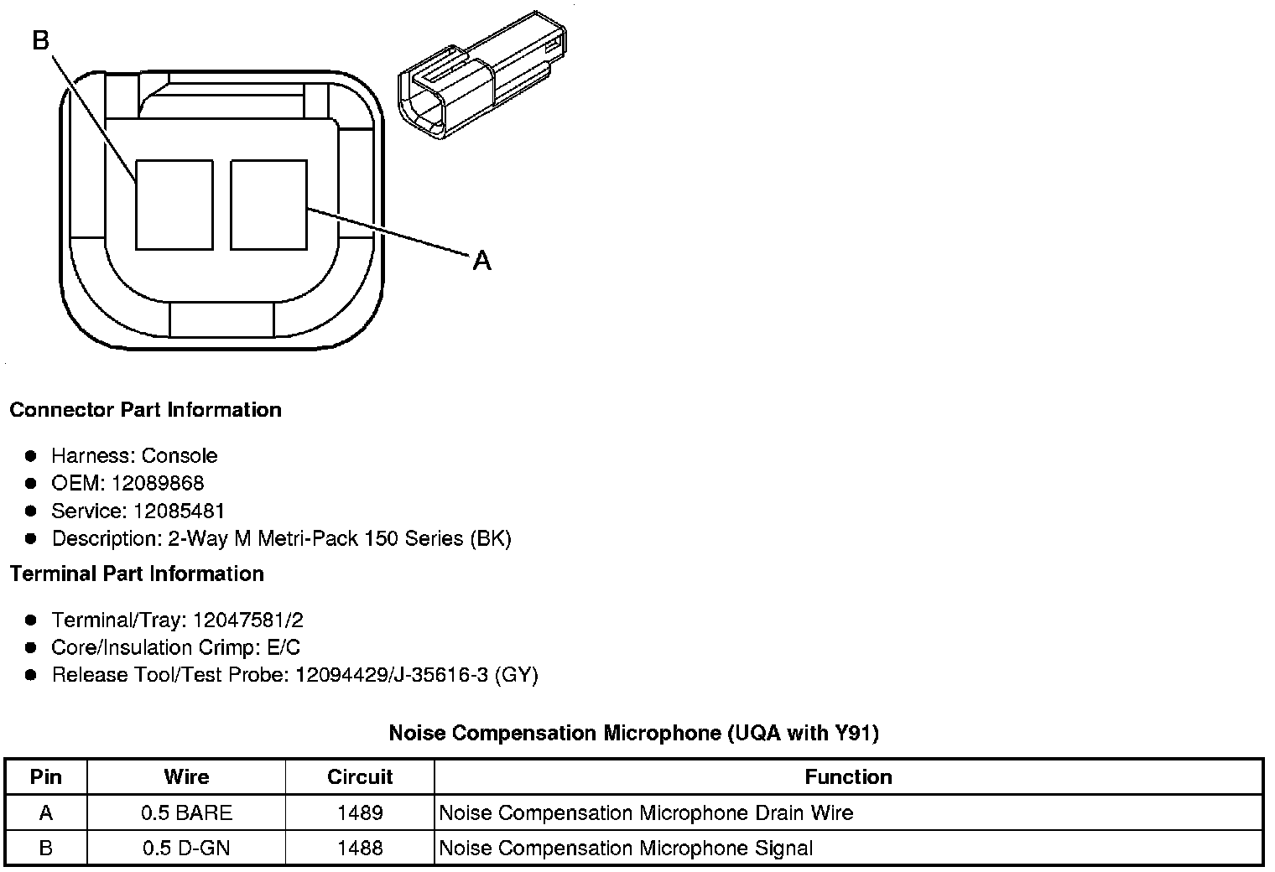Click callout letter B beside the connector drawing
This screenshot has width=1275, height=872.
[x=41, y=39]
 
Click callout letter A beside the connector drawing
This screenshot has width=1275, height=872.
[x=481, y=261]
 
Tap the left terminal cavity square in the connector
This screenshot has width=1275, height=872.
[x=174, y=205]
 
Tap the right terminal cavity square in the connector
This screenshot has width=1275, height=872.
[x=268, y=205]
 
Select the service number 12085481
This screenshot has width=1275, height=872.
[x=179, y=511]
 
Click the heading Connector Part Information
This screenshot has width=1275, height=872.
[x=145, y=410]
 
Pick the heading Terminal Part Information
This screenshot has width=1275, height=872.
[x=137, y=574]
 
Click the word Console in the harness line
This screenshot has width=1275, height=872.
[x=180, y=455]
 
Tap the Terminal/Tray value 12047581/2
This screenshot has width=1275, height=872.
[x=247, y=620]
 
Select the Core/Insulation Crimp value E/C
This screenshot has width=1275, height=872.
[x=281, y=647]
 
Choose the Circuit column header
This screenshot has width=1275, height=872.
[x=360, y=777]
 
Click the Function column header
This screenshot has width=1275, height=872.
[x=848, y=777]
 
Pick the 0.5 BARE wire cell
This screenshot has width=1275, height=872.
[x=186, y=812]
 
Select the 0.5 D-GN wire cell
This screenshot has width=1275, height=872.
[x=186, y=848]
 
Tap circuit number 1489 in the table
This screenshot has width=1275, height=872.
[x=360, y=812]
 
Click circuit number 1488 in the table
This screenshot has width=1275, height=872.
[x=360, y=848]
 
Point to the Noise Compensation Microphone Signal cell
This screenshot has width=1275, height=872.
[x=626, y=848]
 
